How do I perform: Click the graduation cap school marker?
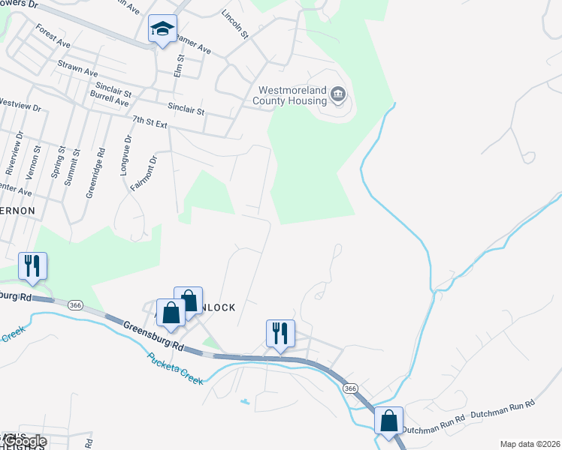(162, 30)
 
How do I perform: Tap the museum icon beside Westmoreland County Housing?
(338, 94)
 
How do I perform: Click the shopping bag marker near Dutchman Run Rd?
(389, 420)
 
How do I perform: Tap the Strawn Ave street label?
(77, 69)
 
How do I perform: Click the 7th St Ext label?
(149, 121)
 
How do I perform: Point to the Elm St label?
(179, 65)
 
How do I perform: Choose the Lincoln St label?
(235, 24)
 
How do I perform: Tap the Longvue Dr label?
(125, 155)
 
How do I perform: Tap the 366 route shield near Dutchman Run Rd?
(350, 388)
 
